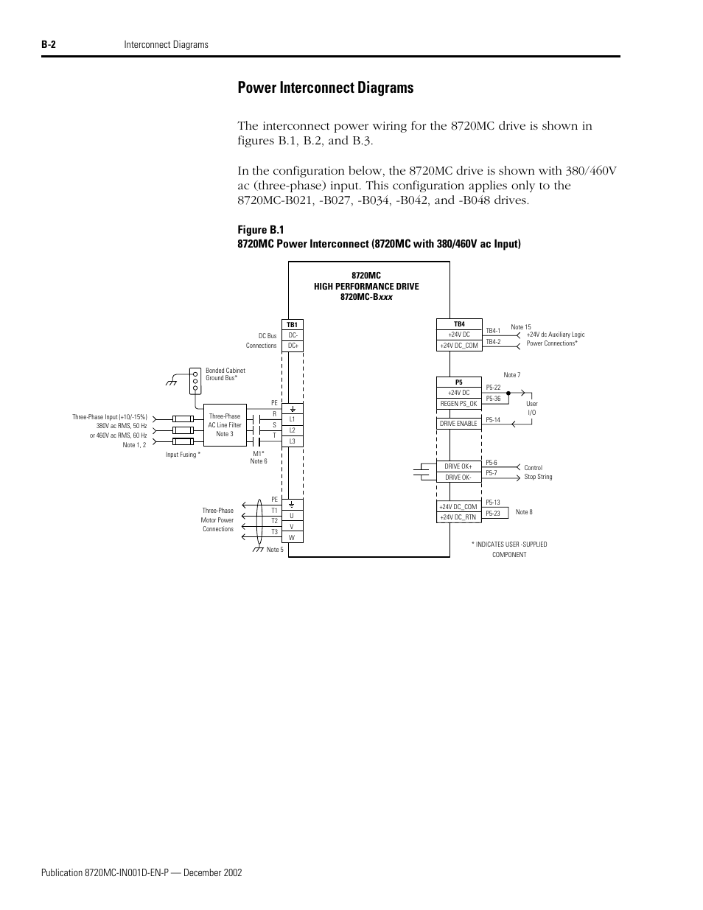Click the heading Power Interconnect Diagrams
pyautogui.click(x=326, y=88)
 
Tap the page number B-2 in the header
pyautogui.click(x=49, y=45)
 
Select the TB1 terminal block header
pyautogui.click(x=293, y=325)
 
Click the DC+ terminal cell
pyautogui.click(x=293, y=346)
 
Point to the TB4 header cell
pyautogui.click(x=459, y=324)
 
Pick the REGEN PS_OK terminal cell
pyautogui.click(x=458, y=404)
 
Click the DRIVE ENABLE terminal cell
pyautogui.click(x=458, y=424)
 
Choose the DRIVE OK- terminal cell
pyautogui.click(x=458, y=477)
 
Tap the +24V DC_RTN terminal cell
pyautogui.click(x=458, y=517)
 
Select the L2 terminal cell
pyautogui.click(x=293, y=430)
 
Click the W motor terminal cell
pyautogui.click(x=293, y=538)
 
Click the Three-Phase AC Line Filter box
pyautogui.click(x=225, y=425)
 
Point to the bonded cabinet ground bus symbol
pyautogui.click(x=195, y=380)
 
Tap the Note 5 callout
pyautogui.click(x=275, y=550)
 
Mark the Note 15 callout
pyautogui.click(x=521, y=327)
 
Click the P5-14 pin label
pyautogui.click(x=493, y=420)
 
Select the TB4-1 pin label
pyautogui.click(x=493, y=331)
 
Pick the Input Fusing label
pyautogui.click(x=183, y=455)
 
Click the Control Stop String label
pyautogui.click(x=538, y=472)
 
